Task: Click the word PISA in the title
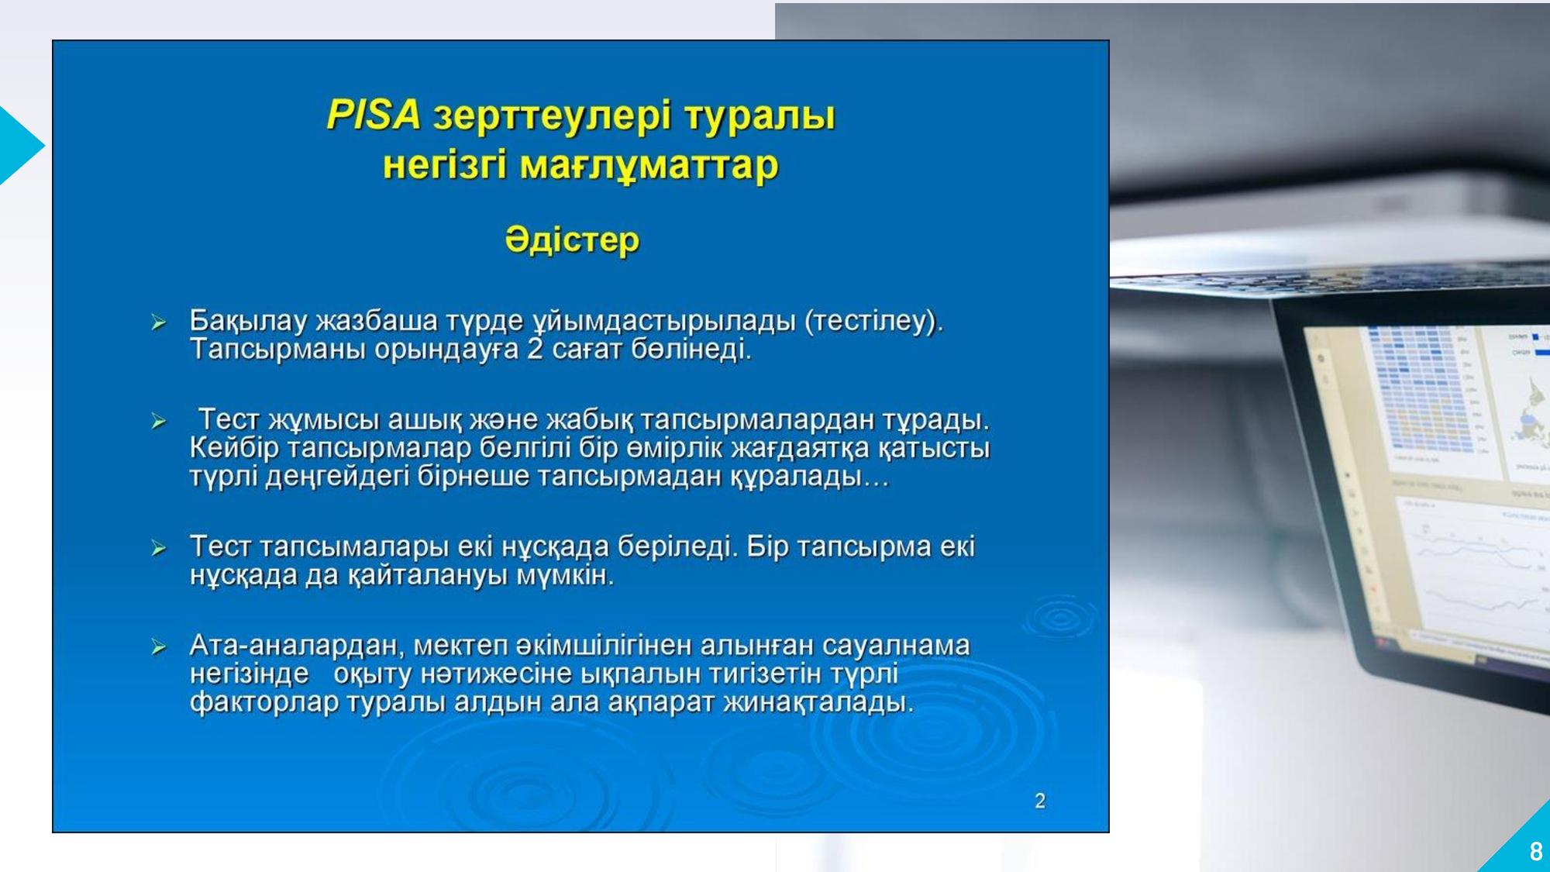click(x=374, y=114)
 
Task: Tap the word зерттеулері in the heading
click(x=552, y=116)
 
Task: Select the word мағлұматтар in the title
click(x=649, y=166)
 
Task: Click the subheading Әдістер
click(x=572, y=240)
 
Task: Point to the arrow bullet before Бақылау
click(x=159, y=322)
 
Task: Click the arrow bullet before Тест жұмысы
click(x=159, y=421)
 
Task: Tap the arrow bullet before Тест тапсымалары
click(x=159, y=548)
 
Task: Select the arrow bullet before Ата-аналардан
click(x=159, y=646)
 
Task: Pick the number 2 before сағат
click(x=535, y=349)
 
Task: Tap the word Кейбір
click(x=234, y=447)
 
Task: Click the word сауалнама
click(x=896, y=645)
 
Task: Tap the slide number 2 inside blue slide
click(x=1040, y=801)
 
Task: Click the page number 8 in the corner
click(x=1536, y=852)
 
